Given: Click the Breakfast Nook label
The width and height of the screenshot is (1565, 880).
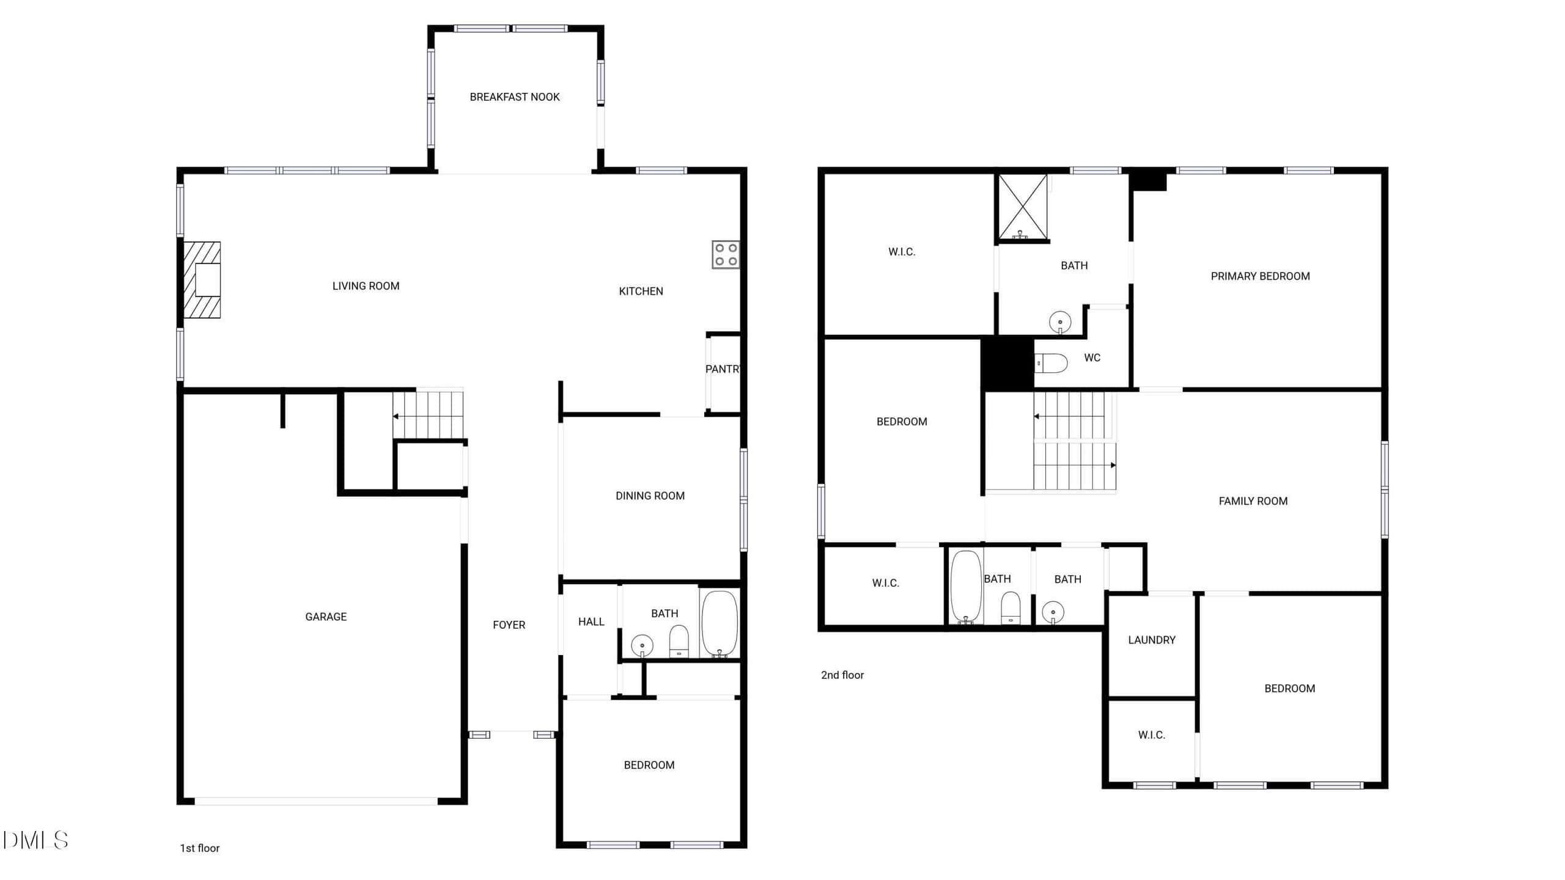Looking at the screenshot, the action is tap(515, 97).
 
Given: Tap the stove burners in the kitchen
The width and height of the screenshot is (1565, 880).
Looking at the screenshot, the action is tap(726, 255).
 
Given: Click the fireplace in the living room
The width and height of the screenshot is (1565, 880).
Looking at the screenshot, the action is tap(202, 280).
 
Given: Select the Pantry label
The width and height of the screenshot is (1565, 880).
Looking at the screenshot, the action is tap(723, 369).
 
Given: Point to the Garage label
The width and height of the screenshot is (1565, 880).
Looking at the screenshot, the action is tap(326, 617).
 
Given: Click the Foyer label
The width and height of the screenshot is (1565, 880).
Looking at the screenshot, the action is tap(509, 625).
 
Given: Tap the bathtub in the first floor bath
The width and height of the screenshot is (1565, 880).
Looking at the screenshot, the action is tap(720, 624).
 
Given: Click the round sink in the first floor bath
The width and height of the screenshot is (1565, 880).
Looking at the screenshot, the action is tap(642, 645).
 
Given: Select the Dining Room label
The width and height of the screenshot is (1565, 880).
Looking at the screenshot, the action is tap(650, 496).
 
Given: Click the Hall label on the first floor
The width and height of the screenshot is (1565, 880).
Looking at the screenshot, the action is tap(591, 622).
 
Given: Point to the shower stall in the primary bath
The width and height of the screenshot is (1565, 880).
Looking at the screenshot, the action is tap(1023, 207).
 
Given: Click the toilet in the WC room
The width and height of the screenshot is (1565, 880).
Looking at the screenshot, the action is tap(1051, 363).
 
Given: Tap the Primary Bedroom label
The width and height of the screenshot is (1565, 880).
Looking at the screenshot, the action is tap(1260, 276).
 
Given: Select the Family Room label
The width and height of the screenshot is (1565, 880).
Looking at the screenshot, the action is tap(1253, 501).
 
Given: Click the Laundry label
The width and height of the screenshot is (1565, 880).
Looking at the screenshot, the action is tap(1152, 640).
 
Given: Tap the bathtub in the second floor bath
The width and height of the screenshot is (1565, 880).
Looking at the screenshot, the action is tap(967, 587).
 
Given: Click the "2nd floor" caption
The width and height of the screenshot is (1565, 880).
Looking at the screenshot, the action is tap(842, 675).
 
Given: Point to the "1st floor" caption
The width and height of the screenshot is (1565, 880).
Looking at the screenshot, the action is tap(199, 848).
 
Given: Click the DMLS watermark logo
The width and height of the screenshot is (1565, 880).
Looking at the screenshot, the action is tap(35, 840).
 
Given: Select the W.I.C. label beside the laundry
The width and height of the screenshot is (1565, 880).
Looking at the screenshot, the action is tap(1152, 735).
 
